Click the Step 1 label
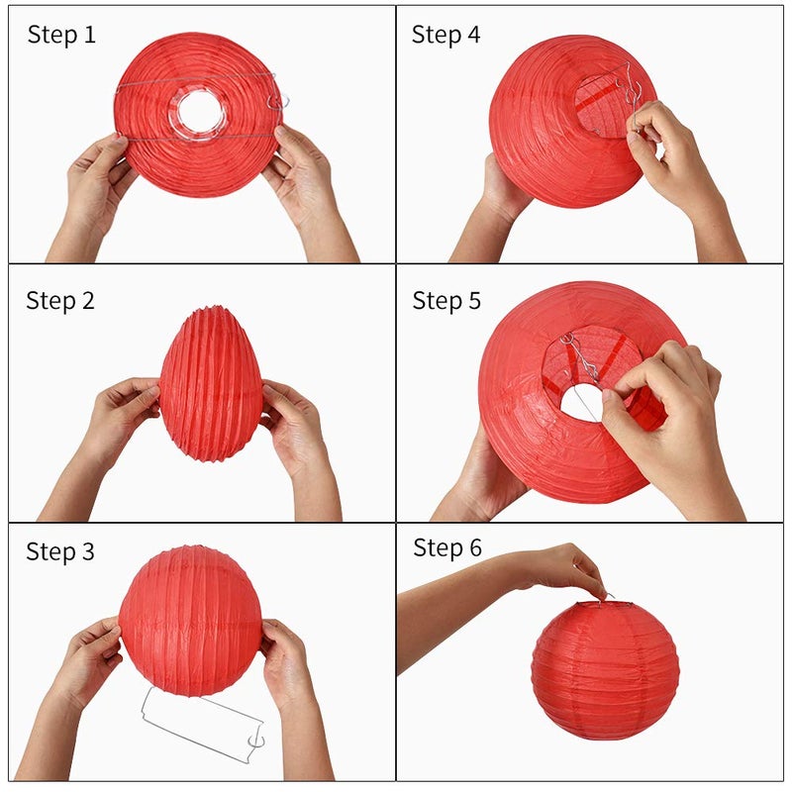click(x=61, y=36)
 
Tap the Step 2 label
click(x=61, y=301)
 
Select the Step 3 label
click(x=61, y=552)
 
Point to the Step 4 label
click(x=445, y=36)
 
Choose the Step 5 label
click(x=446, y=301)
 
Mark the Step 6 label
click(x=447, y=547)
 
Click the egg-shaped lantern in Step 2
click(x=210, y=384)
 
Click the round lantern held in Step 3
click(x=191, y=619)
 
